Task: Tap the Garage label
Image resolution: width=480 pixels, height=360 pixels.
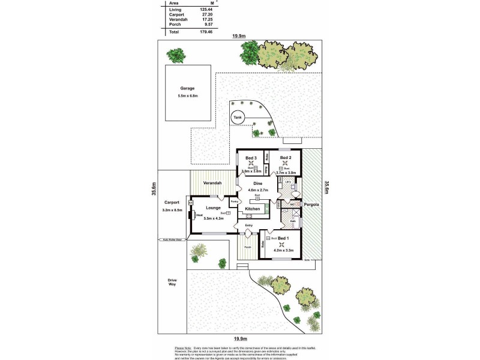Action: click(188, 88)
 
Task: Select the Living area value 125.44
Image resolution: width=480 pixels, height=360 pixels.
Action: click(206, 10)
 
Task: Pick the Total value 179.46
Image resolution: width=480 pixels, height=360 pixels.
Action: click(206, 31)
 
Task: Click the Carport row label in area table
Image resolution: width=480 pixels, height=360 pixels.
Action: click(176, 14)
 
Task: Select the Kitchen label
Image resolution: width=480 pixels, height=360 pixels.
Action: click(253, 209)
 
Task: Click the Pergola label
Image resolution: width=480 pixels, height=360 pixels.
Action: click(310, 205)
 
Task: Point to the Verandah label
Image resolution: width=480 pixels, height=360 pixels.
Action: click(212, 182)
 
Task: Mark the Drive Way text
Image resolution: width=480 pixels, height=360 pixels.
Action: click(172, 283)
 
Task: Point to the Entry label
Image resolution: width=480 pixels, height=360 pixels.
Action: click(248, 225)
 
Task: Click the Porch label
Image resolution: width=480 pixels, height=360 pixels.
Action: click(247, 247)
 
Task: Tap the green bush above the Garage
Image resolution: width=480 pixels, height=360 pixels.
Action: click(176, 56)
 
